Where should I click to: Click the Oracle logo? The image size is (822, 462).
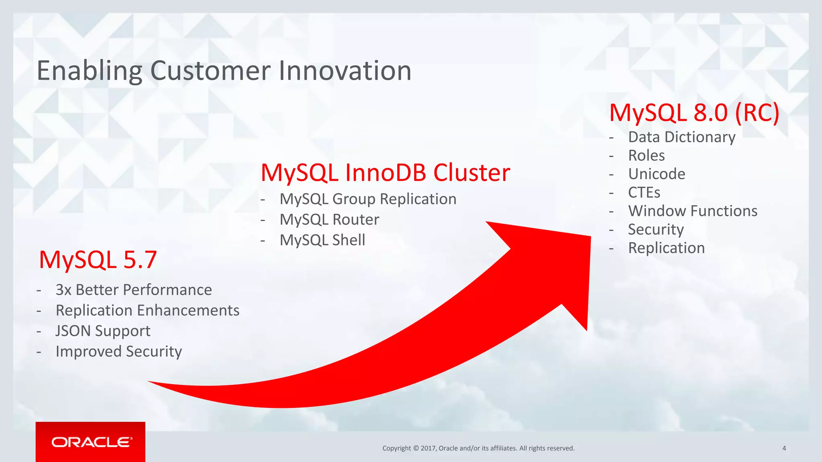click(91, 442)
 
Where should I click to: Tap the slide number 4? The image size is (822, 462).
click(784, 448)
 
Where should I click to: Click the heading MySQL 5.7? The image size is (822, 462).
click(98, 259)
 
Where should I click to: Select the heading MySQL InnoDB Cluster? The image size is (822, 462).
click(385, 173)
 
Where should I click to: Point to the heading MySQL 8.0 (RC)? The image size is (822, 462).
click(694, 113)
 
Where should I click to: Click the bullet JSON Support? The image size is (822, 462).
click(103, 331)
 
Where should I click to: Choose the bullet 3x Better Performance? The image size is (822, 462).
click(134, 290)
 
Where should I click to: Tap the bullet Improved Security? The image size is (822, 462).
click(119, 351)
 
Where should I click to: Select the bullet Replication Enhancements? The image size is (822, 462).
click(147, 310)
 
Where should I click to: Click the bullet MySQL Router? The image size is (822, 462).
click(329, 219)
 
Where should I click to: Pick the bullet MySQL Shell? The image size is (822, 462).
click(322, 240)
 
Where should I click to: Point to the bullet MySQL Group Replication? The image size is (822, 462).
click(368, 199)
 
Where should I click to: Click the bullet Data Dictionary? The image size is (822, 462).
click(682, 137)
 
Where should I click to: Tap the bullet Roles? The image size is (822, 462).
click(646, 156)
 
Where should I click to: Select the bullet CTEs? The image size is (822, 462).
click(644, 192)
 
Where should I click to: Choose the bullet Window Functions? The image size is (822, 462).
click(692, 211)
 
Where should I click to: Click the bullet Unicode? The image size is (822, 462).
click(657, 174)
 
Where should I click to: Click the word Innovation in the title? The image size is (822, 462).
click(345, 71)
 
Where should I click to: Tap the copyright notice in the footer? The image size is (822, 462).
click(478, 448)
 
